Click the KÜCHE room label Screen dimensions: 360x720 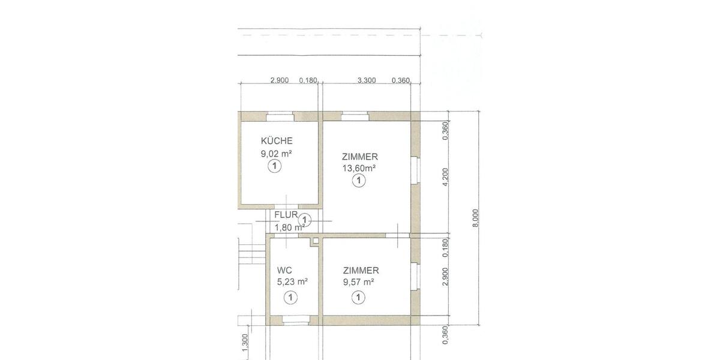coord(277,141)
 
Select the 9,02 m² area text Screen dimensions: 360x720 coord(277,154)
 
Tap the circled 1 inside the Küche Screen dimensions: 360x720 coord(274,167)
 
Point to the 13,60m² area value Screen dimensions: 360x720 coord(359,168)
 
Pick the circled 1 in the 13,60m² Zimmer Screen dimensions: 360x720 coord(359,181)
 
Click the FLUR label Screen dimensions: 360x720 coord(287,214)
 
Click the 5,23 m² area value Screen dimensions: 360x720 coord(292,281)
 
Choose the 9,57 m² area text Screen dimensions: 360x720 coord(359,281)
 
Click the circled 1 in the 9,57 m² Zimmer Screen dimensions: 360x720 coord(359,296)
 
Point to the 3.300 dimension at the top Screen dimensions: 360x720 coord(366,80)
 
